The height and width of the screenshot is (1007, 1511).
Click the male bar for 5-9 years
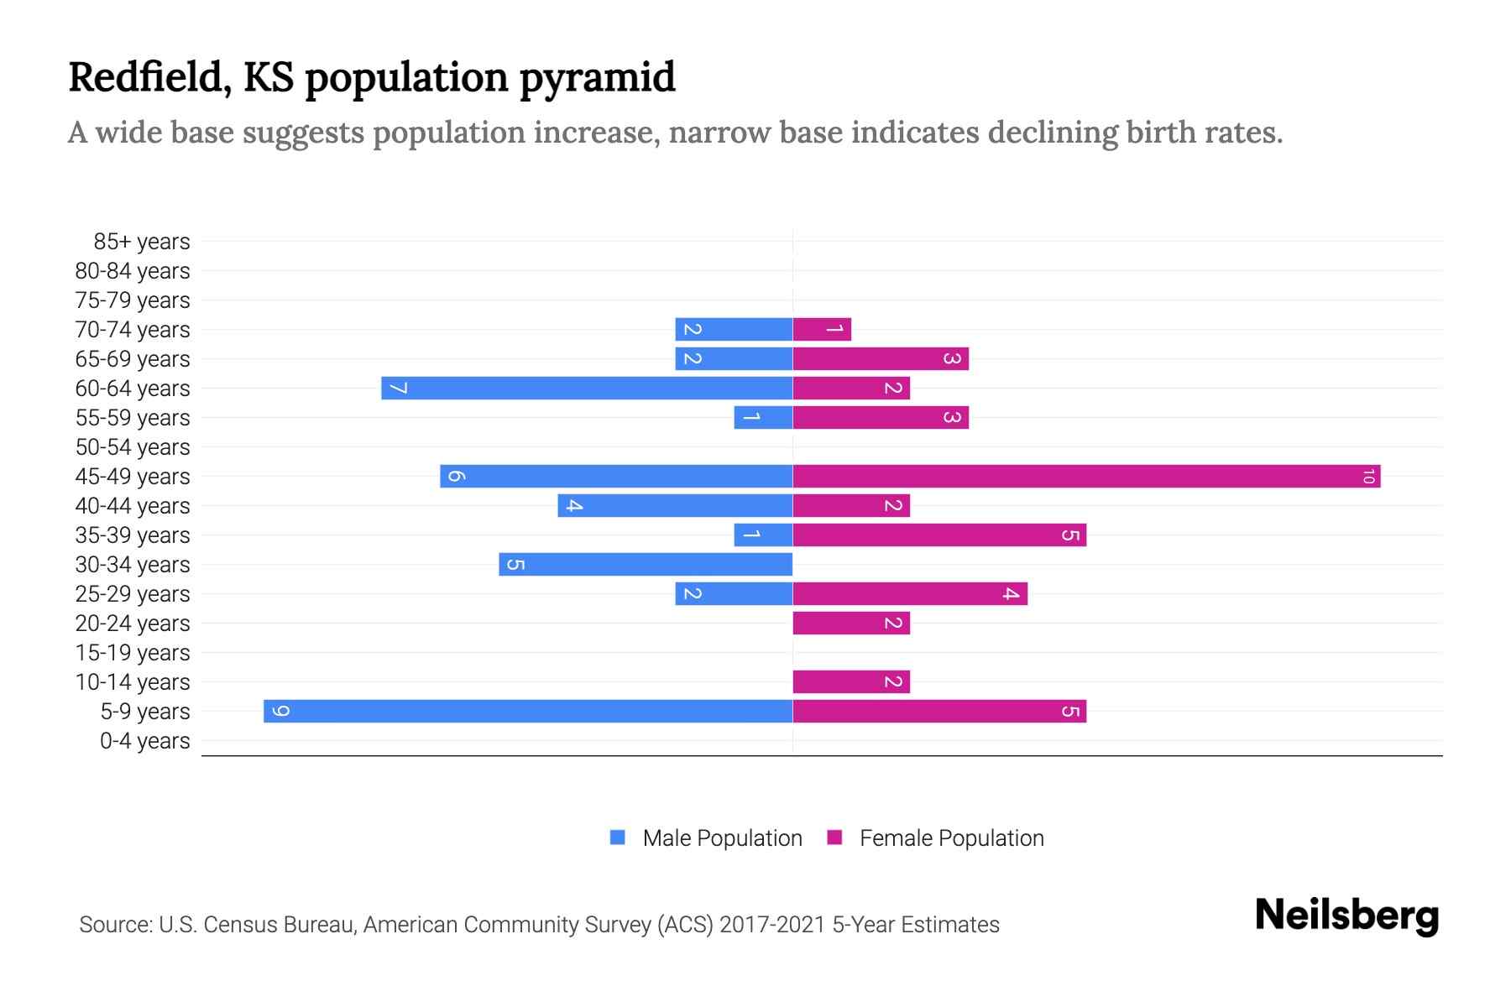pos(528,712)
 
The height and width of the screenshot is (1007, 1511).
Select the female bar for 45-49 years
pos(1086,477)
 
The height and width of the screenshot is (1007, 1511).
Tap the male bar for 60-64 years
pos(587,389)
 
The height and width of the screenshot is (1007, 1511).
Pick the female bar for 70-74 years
pos(822,330)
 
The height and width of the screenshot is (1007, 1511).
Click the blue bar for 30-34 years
pos(646,565)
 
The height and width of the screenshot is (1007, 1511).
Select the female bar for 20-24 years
pos(851,624)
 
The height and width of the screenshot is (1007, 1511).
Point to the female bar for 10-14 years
pos(851,682)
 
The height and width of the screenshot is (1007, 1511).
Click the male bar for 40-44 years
pos(675,506)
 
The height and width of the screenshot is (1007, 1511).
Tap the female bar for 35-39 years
pos(939,535)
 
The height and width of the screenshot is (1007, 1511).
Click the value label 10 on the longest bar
pos(1368,477)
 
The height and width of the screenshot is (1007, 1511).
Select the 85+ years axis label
pos(141,242)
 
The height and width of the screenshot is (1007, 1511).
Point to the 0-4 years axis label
pos(144,741)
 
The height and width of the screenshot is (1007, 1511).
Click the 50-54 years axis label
pos(133,447)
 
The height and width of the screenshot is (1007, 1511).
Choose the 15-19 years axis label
pos(133,653)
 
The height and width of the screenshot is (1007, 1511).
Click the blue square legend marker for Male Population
pos(618,837)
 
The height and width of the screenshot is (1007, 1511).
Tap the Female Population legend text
pos(951,838)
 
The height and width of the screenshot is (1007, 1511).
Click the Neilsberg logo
pos(1346,916)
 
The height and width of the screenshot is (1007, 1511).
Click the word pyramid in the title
pos(597,78)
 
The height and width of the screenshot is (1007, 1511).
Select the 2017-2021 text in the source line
pos(772,925)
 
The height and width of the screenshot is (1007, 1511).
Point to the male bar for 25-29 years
pos(734,594)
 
